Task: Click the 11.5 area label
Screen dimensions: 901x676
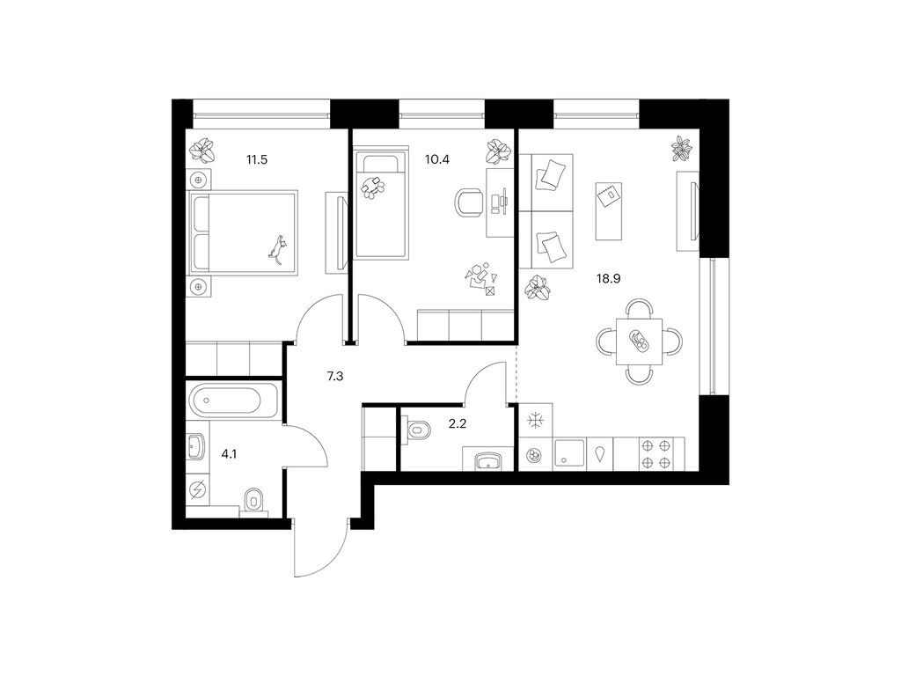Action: pyautogui.click(x=257, y=160)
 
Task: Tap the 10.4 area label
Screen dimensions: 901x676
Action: pyautogui.click(x=436, y=160)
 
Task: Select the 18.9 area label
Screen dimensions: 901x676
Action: pyautogui.click(x=609, y=279)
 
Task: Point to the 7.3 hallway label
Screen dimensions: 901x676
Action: pyautogui.click(x=335, y=377)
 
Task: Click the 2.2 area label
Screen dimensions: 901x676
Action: pyautogui.click(x=458, y=424)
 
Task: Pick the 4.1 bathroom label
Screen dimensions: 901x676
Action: pyautogui.click(x=230, y=454)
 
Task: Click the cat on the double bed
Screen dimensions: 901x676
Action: pyautogui.click(x=278, y=249)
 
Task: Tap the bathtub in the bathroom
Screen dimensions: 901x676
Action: pyautogui.click(x=233, y=400)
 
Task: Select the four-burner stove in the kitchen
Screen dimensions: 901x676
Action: pyautogui.click(x=656, y=454)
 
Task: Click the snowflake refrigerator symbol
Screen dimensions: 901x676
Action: pyautogui.click(x=536, y=421)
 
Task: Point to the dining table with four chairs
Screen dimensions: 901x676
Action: pyautogui.click(x=639, y=342)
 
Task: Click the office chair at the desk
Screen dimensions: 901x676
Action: pyautogui.click(x=470, y=202)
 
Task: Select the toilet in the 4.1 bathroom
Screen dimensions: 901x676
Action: pyautogui.click(x=253, y=501)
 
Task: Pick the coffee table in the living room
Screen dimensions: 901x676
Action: pyautogui.click(x=609, y=211)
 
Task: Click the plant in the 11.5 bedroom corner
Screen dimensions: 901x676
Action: pyautogui.click(x=203, y=150)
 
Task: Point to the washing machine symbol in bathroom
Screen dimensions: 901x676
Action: pyautogui.click(x=199, y=489)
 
